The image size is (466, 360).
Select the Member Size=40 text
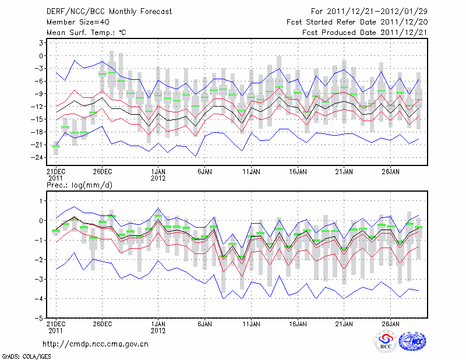pos(75,22)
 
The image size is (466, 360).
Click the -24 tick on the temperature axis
pos(38,157)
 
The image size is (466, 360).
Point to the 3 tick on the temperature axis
pos(41,43)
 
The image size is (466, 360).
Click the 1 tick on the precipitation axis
pos(41,201)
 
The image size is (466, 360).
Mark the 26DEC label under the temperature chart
pos(103,171)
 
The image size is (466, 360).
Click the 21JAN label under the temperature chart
pos(344,171)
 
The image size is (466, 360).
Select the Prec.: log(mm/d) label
pos(80,185)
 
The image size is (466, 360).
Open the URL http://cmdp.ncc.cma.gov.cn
pos(96,344)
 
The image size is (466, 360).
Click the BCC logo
pos(386,343)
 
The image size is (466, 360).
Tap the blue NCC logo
pos(412,343)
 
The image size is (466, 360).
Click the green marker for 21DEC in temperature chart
pos(56,146)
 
